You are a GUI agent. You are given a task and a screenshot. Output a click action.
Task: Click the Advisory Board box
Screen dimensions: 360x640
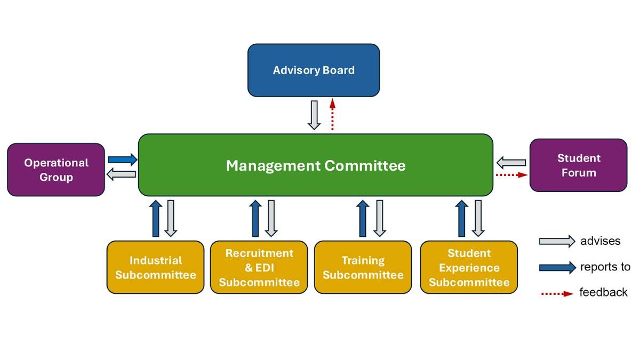coord(314,70)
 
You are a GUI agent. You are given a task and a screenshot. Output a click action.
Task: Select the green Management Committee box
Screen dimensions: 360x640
coord(315,165)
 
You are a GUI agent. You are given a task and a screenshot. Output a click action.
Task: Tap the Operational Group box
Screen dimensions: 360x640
coord(56,170)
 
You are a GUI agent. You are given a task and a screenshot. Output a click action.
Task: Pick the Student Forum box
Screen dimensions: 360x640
coord(578,165)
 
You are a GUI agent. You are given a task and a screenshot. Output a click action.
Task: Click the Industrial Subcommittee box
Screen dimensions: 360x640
coord(155,267)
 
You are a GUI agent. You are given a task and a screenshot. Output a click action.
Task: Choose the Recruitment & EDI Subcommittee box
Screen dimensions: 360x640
coord(259,267)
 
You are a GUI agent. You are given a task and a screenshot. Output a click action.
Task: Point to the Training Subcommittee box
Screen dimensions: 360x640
coord(363,267)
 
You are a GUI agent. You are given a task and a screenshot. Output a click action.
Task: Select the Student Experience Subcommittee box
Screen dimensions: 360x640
coord(469,267)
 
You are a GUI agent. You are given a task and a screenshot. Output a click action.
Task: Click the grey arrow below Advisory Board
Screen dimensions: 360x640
coord(314,115)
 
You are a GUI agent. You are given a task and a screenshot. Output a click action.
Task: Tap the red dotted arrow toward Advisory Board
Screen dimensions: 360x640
coord(332,115)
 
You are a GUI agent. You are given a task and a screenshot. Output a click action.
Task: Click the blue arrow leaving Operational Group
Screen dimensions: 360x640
coord(122,159)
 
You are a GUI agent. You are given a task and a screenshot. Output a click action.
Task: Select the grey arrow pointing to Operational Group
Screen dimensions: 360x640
coord(122,174)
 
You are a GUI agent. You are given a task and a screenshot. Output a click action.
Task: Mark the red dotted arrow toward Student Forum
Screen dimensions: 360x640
coord(511,174)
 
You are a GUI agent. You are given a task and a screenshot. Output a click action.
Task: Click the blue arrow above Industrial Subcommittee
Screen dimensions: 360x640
coord(155,218)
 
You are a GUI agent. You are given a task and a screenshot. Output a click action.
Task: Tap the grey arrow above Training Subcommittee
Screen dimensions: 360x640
coord(380,218)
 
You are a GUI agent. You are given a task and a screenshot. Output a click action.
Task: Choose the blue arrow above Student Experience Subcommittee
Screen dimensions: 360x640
coord(462,218)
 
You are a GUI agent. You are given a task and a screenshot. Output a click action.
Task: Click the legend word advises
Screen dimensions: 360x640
coord(600,241)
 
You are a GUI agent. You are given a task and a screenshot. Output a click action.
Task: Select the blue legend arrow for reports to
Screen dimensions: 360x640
coord(557,267)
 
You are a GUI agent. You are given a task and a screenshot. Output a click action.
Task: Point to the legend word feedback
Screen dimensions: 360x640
coord(603,292)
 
